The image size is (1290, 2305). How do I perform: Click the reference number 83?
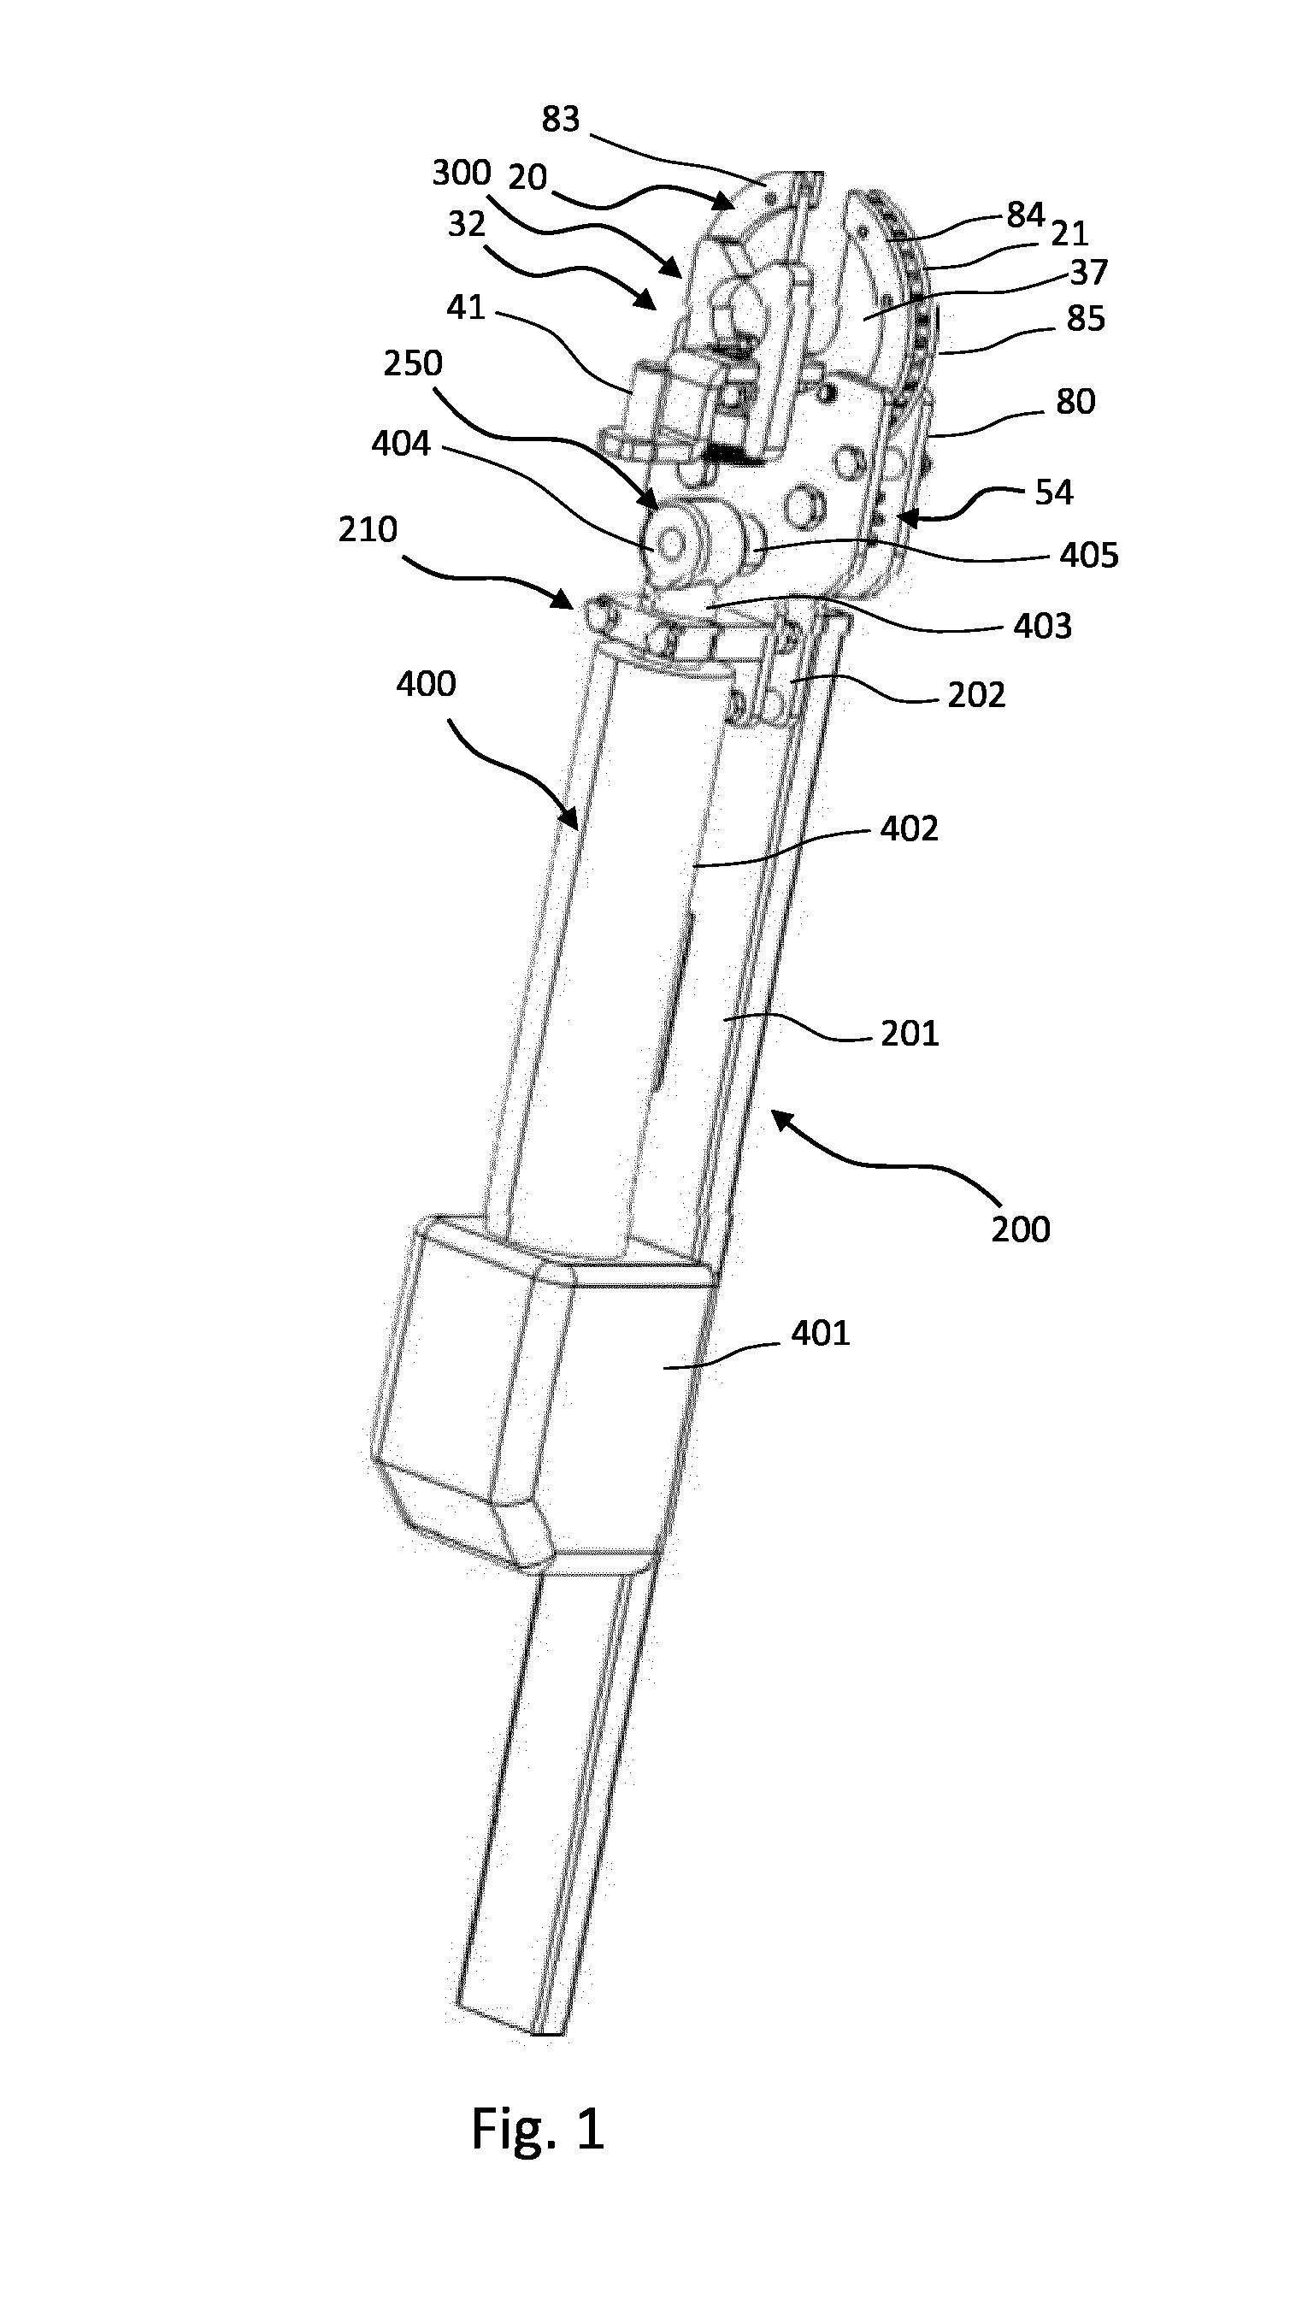point(561,119)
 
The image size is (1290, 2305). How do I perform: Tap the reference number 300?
point(462,172)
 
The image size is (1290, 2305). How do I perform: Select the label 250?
point(413,363)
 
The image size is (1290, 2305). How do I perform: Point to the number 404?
point(401,444)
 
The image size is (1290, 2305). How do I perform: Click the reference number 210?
point(368,530)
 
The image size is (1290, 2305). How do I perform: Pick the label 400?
point(427,685)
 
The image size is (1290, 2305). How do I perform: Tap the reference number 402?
point(909,829)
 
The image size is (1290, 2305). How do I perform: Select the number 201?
point(909,1034)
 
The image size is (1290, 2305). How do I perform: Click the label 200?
point(1021,1229)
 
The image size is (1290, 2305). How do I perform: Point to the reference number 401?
point(821,1334)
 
